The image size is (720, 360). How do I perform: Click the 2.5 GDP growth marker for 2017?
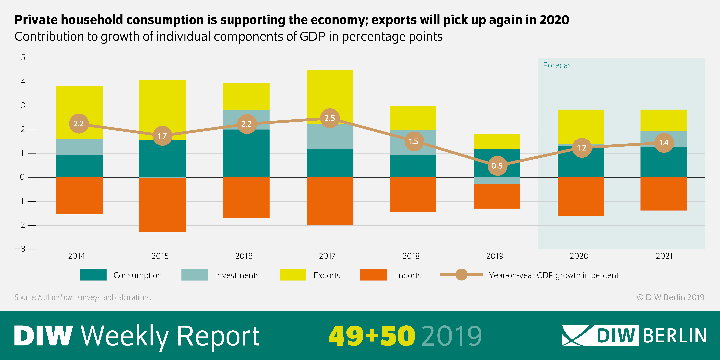(x=330, y=118)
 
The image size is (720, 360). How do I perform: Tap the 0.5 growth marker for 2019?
(x=497, y=166)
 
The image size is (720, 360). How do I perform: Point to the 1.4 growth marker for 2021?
(x=664, y=143)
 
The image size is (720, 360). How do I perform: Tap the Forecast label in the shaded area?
(x=558, y=65)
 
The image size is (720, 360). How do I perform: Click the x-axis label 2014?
(x=76, y=256)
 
